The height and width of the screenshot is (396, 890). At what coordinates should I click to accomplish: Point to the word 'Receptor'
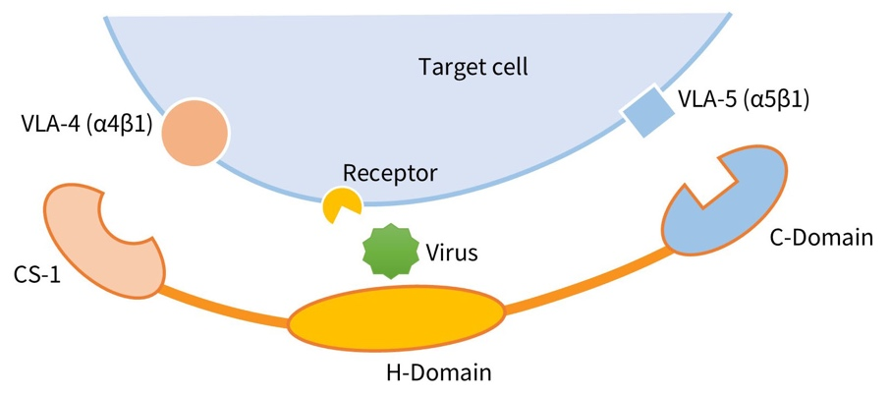389,173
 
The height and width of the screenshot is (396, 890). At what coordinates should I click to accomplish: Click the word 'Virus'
451,252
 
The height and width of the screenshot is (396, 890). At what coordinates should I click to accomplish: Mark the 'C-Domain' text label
818,237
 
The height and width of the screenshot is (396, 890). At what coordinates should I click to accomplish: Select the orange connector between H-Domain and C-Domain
589,282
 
